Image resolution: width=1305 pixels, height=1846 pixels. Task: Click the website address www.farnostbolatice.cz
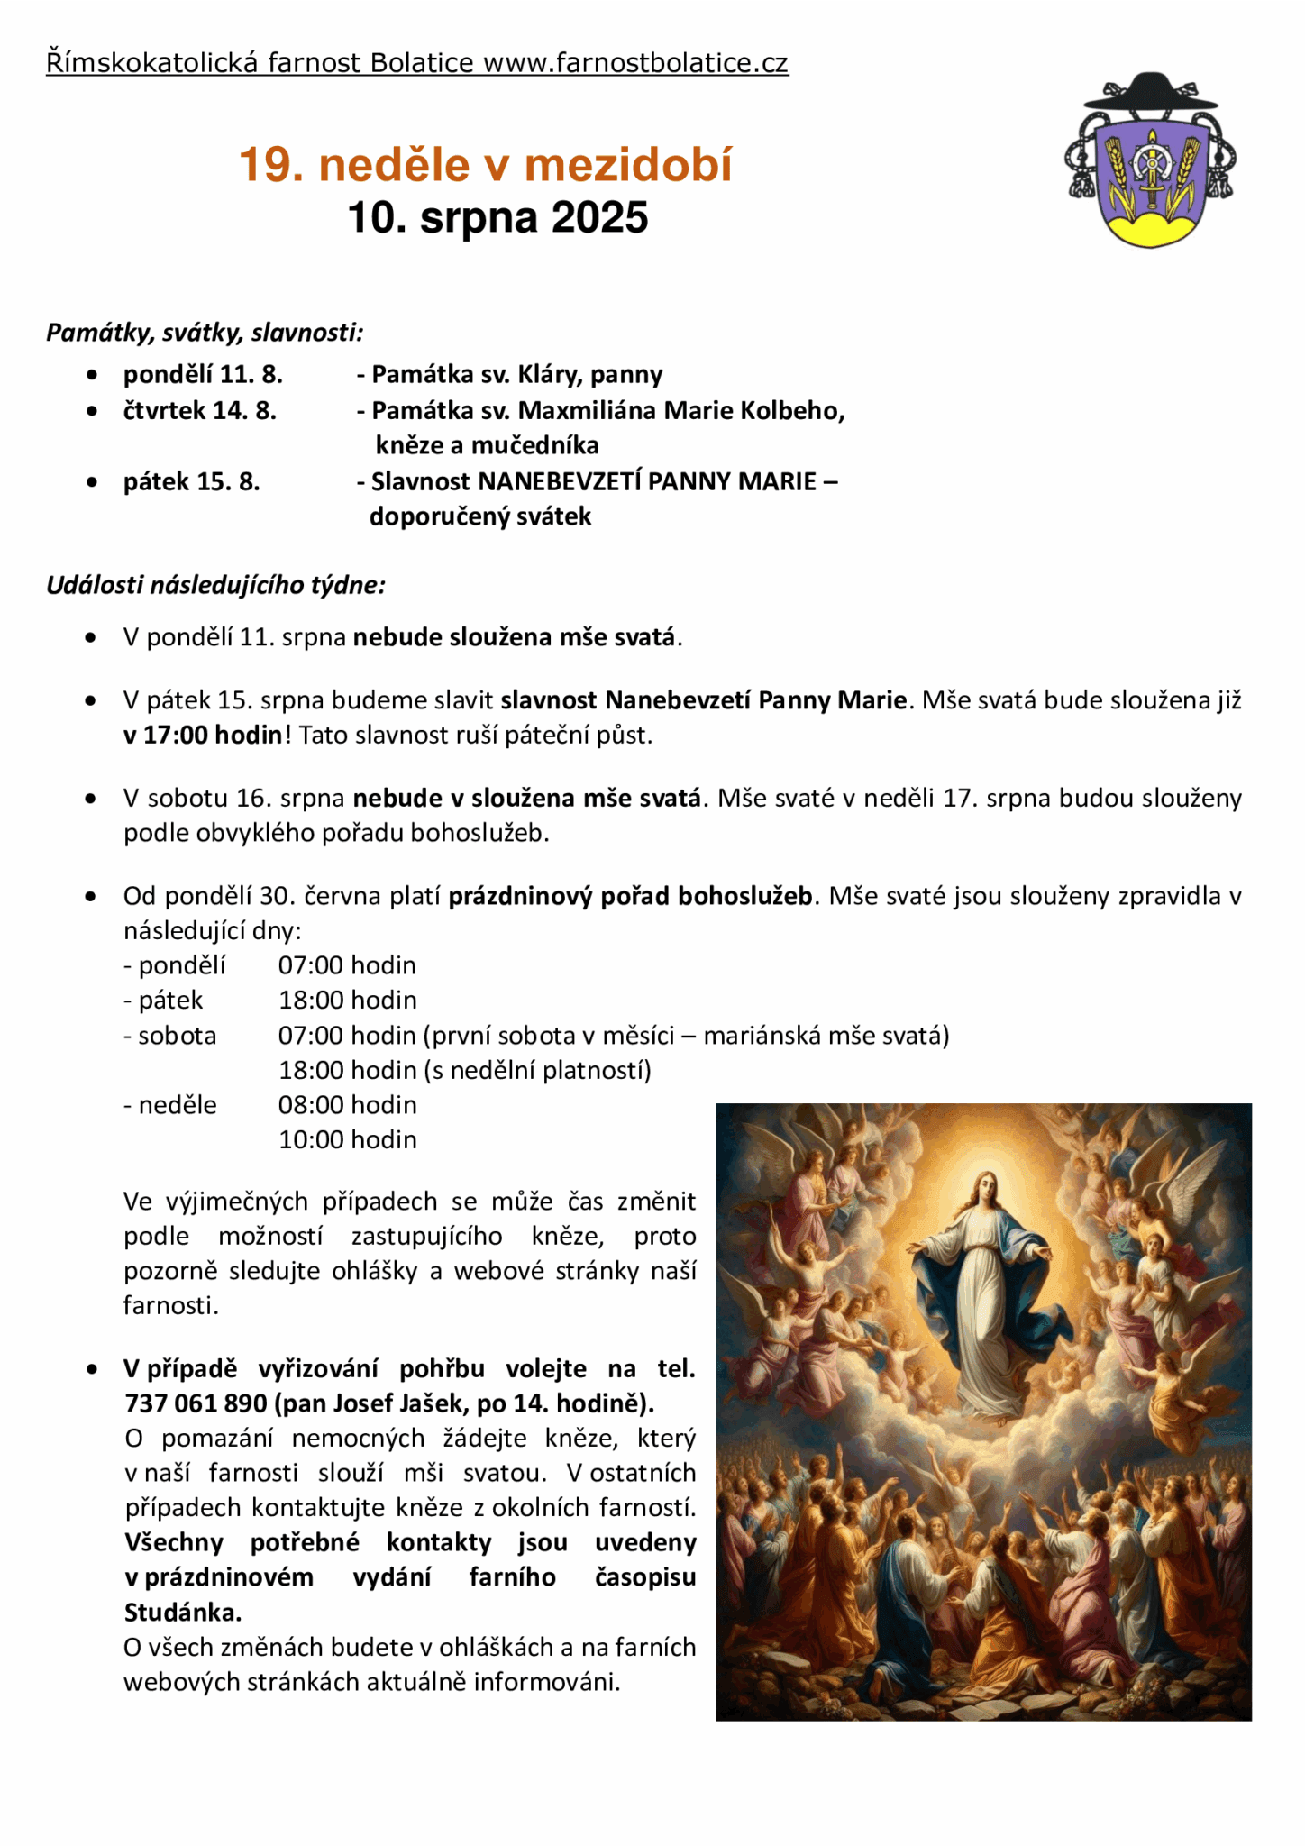(635, 63)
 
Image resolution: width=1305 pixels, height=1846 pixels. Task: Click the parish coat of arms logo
(1150, 162)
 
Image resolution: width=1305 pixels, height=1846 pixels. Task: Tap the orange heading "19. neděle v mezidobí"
(486, 165)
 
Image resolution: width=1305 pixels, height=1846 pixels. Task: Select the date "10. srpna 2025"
(497, 218)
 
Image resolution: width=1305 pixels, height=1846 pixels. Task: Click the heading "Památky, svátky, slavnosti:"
(205, 333)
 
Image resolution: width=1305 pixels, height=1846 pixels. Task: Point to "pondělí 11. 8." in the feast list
(203, 374)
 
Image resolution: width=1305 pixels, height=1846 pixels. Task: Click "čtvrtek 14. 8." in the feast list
(200, 411)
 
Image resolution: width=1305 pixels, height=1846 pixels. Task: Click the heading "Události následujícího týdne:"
(215, 585)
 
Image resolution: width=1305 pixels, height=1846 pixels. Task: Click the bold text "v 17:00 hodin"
(204, 736)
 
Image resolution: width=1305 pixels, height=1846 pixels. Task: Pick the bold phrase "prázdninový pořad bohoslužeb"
(630, 897)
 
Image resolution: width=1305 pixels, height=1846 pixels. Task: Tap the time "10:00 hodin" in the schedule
(347, 1140)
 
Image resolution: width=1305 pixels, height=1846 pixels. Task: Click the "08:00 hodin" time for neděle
(347, 1105)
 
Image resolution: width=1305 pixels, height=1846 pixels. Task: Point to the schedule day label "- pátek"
(163, 1001)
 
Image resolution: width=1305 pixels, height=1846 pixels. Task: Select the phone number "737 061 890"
(196, 1403)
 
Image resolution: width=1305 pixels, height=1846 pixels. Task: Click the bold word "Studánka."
(183, 1613)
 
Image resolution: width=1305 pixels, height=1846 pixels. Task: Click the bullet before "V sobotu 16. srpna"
(90, 799)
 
